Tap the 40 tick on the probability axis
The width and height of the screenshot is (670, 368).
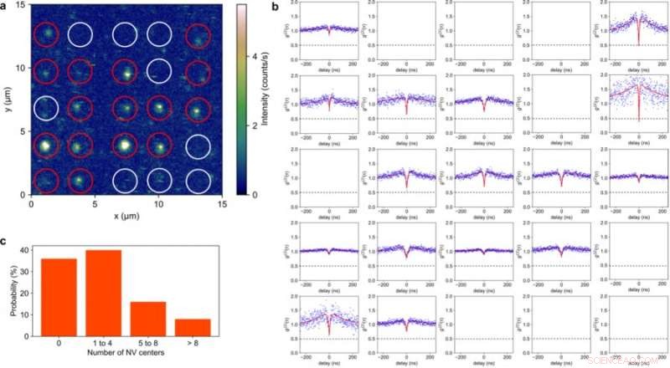click(x=24, y=250)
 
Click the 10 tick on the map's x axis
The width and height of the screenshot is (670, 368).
click(x=158, y=202)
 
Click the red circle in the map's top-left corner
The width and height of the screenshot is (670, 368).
click(x=46, y=35)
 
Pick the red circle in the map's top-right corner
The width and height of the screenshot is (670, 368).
click(x=198, y=36)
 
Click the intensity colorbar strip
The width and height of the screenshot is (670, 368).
click(x=241, y=99)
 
